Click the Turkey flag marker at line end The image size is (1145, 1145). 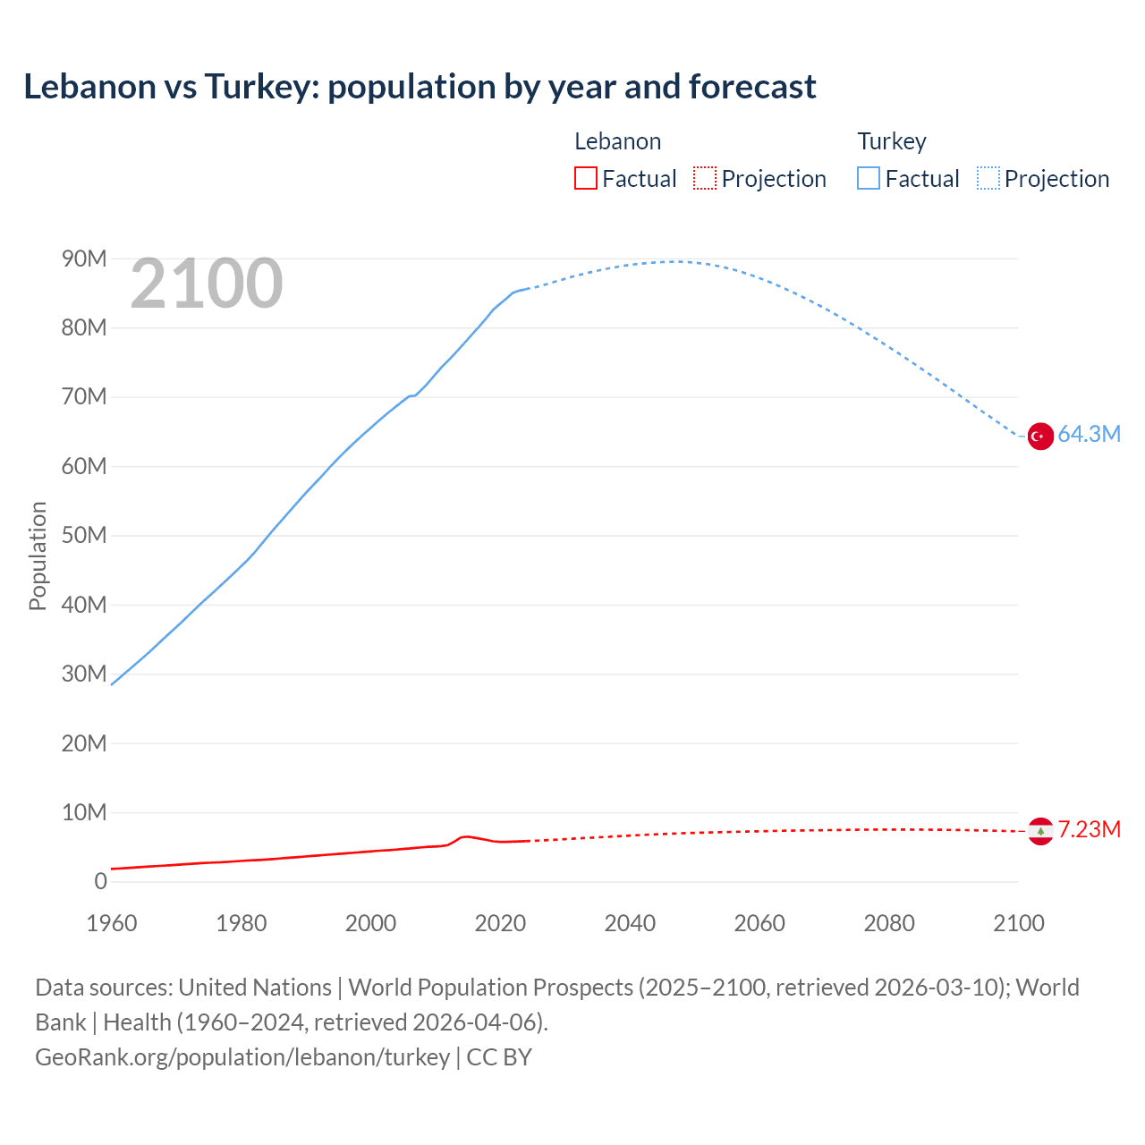click(x=1039, y=437)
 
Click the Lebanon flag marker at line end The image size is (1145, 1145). click(x=1039, y=831)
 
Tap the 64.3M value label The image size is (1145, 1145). click(x=1089, y=435)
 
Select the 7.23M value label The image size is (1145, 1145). click(x=1089, y=829)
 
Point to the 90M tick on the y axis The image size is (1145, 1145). click(x=84, y=259)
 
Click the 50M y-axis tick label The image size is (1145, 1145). click(x=84, y=536)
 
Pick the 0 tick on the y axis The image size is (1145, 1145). click(x=100, y=881)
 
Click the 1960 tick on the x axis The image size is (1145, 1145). click(x=112, y=923)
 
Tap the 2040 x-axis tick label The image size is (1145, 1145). click(x=630, y=923)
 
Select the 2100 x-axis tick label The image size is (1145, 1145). click(x=1018, y=923)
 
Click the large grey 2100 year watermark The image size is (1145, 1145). click(x=207, y=284)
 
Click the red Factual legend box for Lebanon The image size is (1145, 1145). click(x=585, y=179)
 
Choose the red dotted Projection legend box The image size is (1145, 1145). click(x=705, y=179)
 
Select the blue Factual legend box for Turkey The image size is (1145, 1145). click(x=868, y=179)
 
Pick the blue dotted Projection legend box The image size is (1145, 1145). click(x=988, y=179)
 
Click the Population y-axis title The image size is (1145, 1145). click(x=38, y=556)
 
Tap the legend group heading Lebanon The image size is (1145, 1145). click(x=617, y=141)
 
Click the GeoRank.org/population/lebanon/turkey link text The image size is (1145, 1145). click(x=242, y=1057)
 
